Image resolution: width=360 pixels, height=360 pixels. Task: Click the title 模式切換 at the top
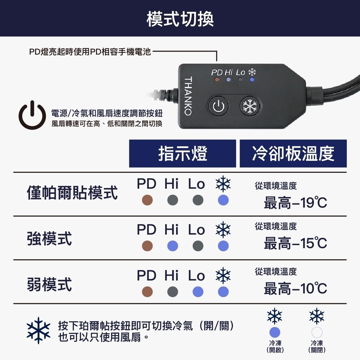tap(180, 19)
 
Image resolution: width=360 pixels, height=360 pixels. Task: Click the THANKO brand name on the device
tap(188, 96)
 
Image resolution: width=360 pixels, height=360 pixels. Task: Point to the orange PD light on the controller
tap(217, 80)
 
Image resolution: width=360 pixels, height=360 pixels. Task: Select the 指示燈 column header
tap(182, 153)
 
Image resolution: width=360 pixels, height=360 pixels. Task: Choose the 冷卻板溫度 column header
tap(293, 153)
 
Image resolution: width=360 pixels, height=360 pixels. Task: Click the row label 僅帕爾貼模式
tap(72, 193)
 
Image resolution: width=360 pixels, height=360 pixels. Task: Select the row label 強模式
tap(49, 238)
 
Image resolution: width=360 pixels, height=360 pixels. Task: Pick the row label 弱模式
tap(49, 284)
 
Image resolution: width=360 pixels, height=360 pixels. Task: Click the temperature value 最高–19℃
tap(295, 202)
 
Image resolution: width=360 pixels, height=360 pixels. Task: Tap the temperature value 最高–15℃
tap(295, 243)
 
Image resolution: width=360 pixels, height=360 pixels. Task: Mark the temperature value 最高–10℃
tap(295, 289)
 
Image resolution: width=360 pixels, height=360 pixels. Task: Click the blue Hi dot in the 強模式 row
tap(172, 246)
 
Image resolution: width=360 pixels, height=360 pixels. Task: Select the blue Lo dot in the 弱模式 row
tap(198, 292)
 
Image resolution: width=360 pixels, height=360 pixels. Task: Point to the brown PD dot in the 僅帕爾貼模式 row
tap(147, 200)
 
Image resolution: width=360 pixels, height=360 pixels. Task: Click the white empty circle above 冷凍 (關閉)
tap(317, 332)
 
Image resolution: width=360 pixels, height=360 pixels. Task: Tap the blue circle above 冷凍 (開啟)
tap(275, 332)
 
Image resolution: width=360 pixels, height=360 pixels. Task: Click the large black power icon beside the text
tap(32, 115)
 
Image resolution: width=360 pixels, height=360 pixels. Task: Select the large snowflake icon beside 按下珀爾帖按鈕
tap(38, 331)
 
